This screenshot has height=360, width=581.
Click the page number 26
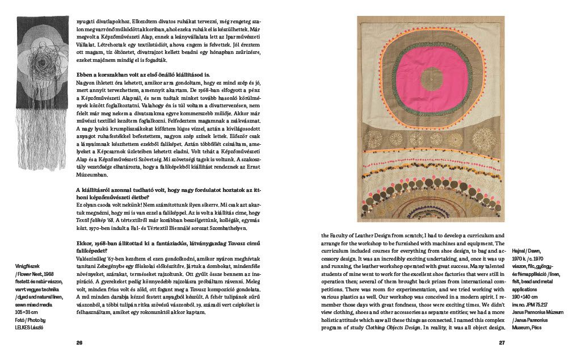[79, 342]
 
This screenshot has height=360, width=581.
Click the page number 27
[502, 342]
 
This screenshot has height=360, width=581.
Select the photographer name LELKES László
[28, 327]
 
